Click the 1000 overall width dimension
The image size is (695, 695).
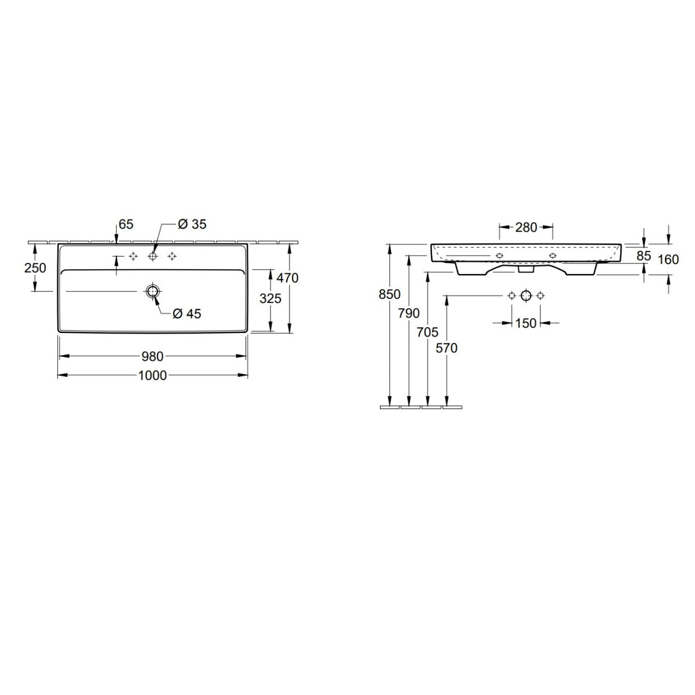click(x=153, y=375)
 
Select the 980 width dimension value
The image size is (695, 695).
click(x=153, y=356)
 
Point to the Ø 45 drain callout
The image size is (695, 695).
click(x=186, y=314)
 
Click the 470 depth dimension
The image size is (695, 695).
click(x=288, y=278)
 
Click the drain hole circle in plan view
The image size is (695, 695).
click(x=153, y=291)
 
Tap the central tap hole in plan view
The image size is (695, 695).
click(x=153, y=256)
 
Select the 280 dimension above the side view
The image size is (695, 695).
click(x=526, y=227)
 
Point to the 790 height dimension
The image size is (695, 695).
click(x=409, y=313)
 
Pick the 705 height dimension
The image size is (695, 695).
click(x=427, y=332)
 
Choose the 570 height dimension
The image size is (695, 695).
click(x=447, y=348)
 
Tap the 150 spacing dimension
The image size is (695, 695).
click(x=525, y=323)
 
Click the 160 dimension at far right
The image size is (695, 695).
click(x=668, y=259)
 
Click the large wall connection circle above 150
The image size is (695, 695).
click(x=525, y=295)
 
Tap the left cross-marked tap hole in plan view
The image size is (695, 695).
click(x=133, y=256)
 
